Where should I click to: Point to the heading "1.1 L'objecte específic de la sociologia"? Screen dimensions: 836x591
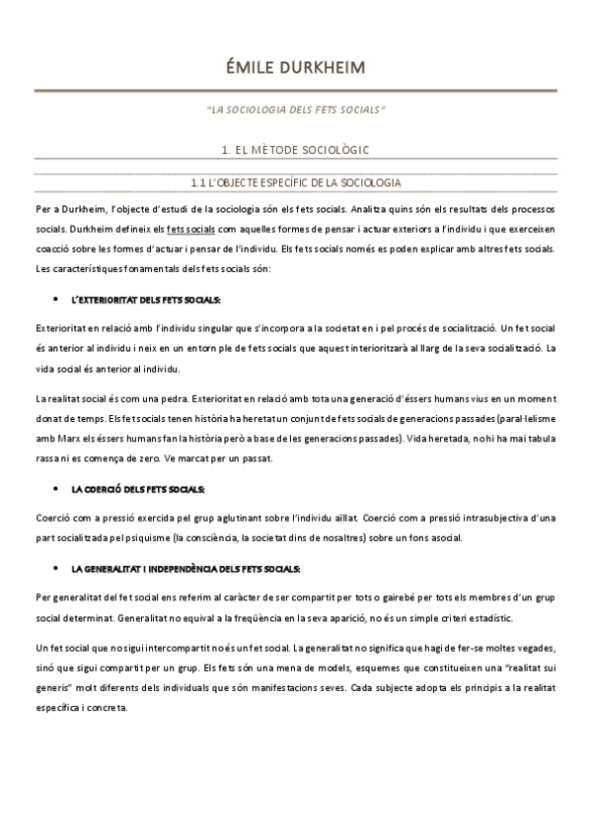[x=296, y=182]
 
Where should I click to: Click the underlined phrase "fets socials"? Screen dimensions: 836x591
[x=191, y=228]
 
